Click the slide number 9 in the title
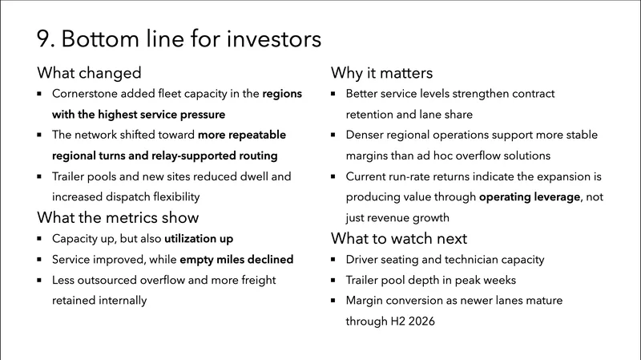pyautogui.click(x=44, y=38)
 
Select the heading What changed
pyautogui.click(x=89, y=73)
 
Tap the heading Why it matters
pyautogui.click(x=382, y=73)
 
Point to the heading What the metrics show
pyautogui.click(x=118, y=217)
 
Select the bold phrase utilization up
pyautogui.click(x=203, y=239)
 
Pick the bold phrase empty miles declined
pyautogui.click(x=236, y=260)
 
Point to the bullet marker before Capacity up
pyautogui.click(x=41, y=239)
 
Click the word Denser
pyautogui.click(x=365, y=136)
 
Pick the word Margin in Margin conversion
pyautogui.click(x=366, y=301)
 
